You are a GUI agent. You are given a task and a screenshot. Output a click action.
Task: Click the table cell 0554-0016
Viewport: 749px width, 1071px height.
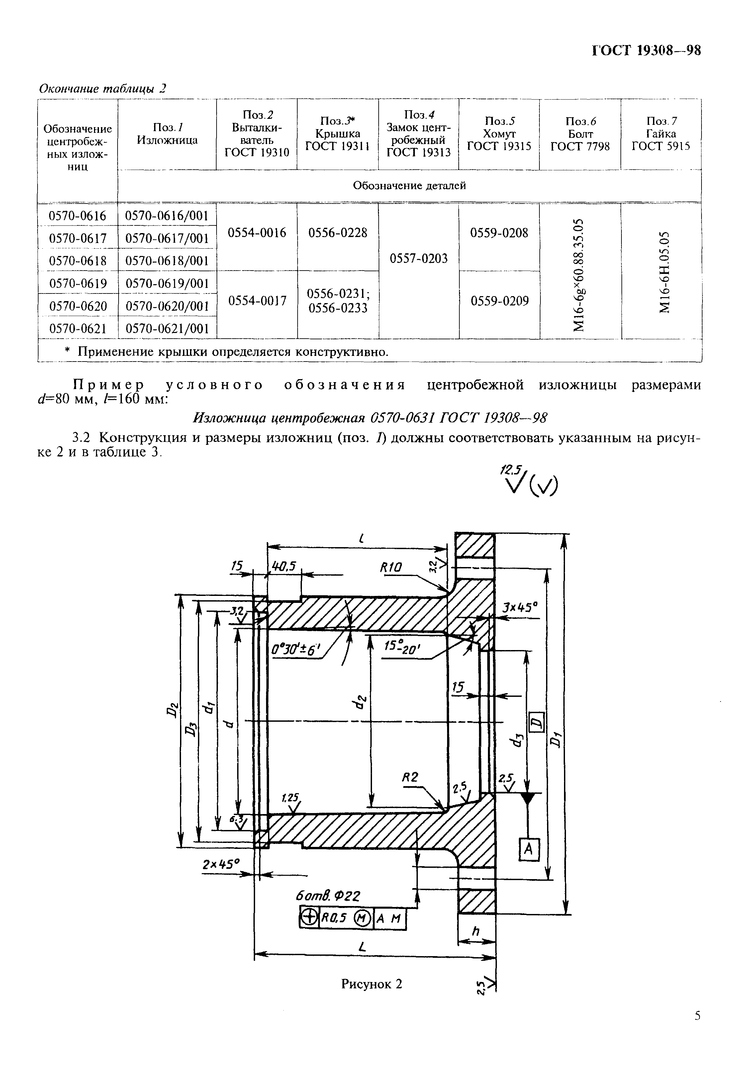257,233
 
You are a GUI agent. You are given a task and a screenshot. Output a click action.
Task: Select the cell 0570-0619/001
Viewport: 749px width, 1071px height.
167,283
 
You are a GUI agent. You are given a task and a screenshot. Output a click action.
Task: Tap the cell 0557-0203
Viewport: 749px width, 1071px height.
419,258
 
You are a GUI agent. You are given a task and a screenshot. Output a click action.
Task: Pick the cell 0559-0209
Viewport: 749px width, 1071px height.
499,301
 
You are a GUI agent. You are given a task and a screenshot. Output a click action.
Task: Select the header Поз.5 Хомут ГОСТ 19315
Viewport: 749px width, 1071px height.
499,134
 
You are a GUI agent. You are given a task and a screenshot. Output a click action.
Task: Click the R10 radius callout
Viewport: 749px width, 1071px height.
391,567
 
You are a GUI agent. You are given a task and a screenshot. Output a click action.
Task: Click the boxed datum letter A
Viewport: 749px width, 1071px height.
529,850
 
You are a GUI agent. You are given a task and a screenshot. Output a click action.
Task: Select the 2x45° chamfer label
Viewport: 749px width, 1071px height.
221,865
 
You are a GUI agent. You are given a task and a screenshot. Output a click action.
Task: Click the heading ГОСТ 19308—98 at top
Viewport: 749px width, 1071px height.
646,50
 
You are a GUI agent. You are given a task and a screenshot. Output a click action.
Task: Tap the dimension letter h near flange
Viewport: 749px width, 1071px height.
476,931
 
